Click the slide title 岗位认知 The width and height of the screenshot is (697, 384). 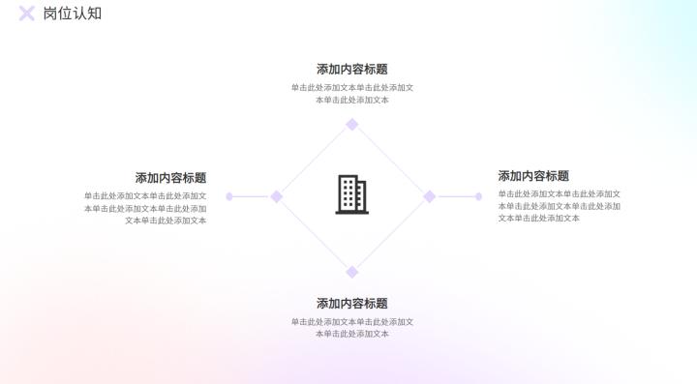click(72, 14)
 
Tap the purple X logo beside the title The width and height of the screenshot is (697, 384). click(27, 14)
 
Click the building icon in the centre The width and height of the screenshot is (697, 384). click(351, 194)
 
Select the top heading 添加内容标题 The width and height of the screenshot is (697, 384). click(351, 70)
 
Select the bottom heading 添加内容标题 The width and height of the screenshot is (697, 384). click(351, 304)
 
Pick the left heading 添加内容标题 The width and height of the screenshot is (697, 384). click(170, 178)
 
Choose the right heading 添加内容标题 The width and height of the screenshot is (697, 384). click(533, 176)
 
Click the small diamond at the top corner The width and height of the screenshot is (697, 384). click(352, 124)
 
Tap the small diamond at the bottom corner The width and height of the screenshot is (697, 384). click(352, 272)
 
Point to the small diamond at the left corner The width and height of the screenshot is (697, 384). click(276, 196)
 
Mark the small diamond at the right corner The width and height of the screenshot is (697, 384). click(429, 196)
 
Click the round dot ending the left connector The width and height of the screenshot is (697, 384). click(229, 196)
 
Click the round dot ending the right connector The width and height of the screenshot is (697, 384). click(478, 196)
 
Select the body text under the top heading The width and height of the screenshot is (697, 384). click(351, 94)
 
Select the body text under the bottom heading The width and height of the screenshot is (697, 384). click(351, 328)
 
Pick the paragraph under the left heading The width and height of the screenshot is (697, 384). click(145, 208)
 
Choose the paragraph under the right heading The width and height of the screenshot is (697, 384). click(559, 206)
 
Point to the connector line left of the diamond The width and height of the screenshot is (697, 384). click(251, 196)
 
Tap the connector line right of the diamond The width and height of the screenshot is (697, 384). click(455, 196)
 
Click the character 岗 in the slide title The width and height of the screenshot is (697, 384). click(50, 14)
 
